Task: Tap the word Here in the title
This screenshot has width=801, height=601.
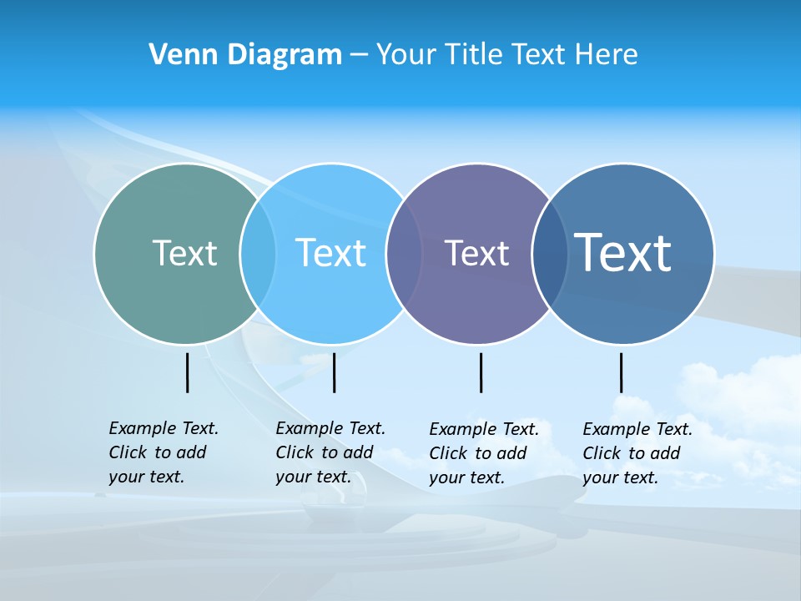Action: click(607, 54)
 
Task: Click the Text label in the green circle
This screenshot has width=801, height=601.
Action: click(184, 253)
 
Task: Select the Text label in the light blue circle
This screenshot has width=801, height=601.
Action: click(330, 253)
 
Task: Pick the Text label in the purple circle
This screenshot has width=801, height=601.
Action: click(476, 253)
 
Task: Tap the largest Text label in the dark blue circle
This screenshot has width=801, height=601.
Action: click(623, 252)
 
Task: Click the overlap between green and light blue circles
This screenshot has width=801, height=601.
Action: click(258, 253)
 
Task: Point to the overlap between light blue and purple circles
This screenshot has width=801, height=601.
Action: click(404, 253)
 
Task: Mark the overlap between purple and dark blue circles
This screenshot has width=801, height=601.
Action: click(549, 253)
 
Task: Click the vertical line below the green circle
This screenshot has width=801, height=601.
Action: click(187, 372)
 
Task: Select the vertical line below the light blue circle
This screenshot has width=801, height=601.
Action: click(334, 372)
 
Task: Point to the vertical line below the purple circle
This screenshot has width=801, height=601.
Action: click(481, 372)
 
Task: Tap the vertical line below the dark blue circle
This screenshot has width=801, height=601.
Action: click(621, 372)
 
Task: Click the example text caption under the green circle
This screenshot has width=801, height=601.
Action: click(163, 452)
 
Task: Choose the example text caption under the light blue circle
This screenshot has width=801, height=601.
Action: click(330, 452)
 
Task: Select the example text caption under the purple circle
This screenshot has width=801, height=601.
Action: click(483, 453)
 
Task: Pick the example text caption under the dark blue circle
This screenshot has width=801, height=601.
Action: click(637, 453)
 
